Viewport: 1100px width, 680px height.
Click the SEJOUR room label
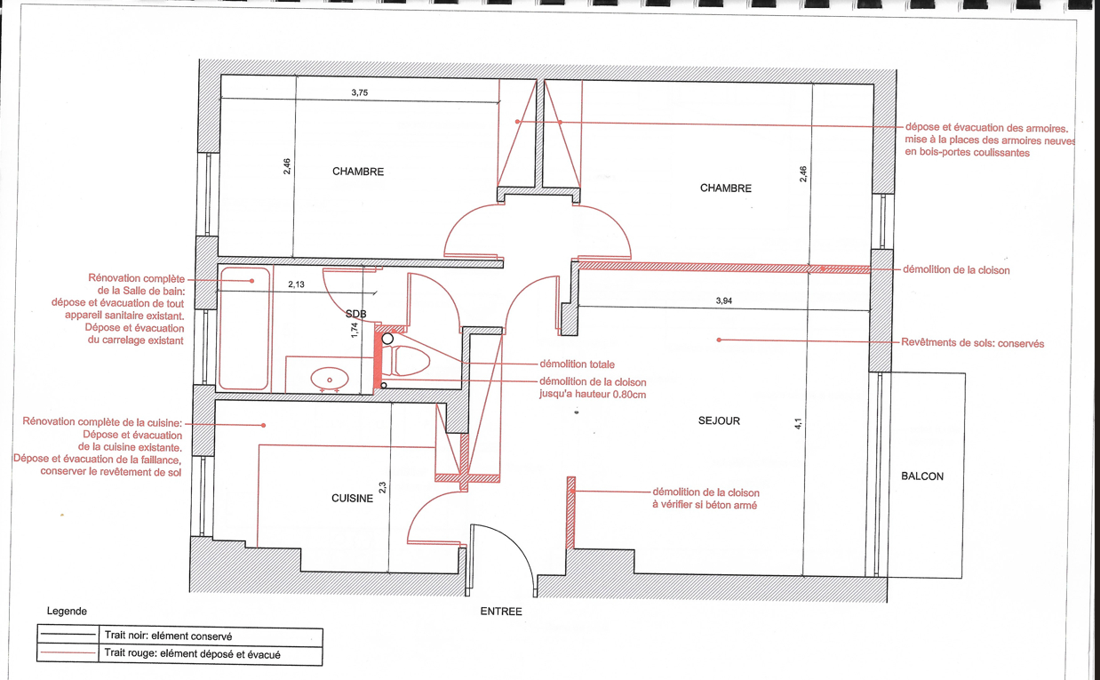point(719,420)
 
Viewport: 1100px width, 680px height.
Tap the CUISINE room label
point(352,498)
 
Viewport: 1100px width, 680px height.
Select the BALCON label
point(922,476)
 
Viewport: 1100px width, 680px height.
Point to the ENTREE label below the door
point(501,612)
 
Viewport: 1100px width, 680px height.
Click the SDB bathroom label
point(355,314)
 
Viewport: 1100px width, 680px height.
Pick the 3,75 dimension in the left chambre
point(360,92)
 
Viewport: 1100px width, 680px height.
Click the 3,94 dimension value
point(724,300)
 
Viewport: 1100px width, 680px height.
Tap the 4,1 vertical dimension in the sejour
point(798,423)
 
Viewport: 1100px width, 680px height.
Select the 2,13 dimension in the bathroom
point(296,284)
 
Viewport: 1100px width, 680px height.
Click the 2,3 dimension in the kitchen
point(383,487)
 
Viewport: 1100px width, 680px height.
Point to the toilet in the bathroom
point(404,360)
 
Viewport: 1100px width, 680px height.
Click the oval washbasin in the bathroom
point(330,380)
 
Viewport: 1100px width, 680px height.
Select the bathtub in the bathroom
point(244,328)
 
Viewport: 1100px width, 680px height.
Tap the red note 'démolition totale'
point(577,364)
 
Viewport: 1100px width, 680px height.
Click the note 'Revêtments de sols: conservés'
point(972,343)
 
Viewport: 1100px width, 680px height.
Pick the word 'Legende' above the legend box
point(67,612)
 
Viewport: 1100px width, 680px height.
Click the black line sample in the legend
point(68,635)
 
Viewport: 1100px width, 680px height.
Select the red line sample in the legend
point(68,653)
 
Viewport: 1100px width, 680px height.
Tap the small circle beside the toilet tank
point(387,339)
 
